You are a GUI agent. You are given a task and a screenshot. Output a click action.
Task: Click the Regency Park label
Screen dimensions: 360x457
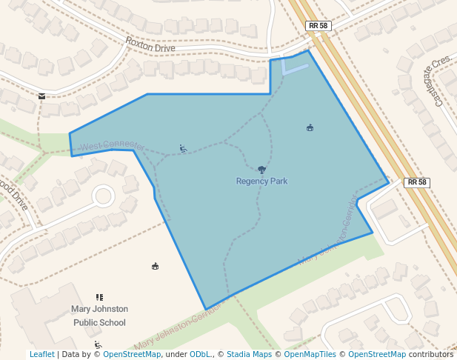pos(261,181)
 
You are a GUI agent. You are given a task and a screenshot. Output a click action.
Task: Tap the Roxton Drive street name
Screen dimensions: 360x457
pos(150,45)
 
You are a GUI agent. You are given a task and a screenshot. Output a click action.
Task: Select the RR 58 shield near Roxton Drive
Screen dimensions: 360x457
pos(317,26)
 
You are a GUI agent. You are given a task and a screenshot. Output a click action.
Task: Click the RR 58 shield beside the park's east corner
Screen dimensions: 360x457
pos(417,182)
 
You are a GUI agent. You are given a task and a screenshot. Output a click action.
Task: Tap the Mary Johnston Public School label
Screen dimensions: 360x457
pos(99,316)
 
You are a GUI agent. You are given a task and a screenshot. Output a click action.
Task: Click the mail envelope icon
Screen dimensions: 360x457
pos(41,96)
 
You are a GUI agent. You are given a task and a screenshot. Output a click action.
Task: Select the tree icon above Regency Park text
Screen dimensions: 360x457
pos(261,170)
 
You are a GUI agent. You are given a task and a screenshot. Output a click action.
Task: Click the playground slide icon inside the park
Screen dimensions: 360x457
pos(182,149)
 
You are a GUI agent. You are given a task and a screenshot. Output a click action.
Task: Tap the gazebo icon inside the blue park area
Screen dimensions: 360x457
pos(310,127)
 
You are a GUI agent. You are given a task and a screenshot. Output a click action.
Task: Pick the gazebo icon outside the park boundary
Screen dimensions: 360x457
pos(155,266)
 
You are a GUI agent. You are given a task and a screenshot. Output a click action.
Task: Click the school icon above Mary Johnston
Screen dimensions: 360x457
pos(99,297)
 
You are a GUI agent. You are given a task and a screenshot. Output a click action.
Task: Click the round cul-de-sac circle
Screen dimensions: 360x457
pos(102,196)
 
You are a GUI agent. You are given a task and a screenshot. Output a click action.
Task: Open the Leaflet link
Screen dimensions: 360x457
pos(41,354)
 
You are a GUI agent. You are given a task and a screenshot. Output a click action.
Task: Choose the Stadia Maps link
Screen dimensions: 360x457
pos(249,354)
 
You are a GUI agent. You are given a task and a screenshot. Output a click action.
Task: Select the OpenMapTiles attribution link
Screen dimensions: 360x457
pos(310,354)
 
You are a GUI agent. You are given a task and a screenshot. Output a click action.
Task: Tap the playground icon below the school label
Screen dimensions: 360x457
pos(98,345)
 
